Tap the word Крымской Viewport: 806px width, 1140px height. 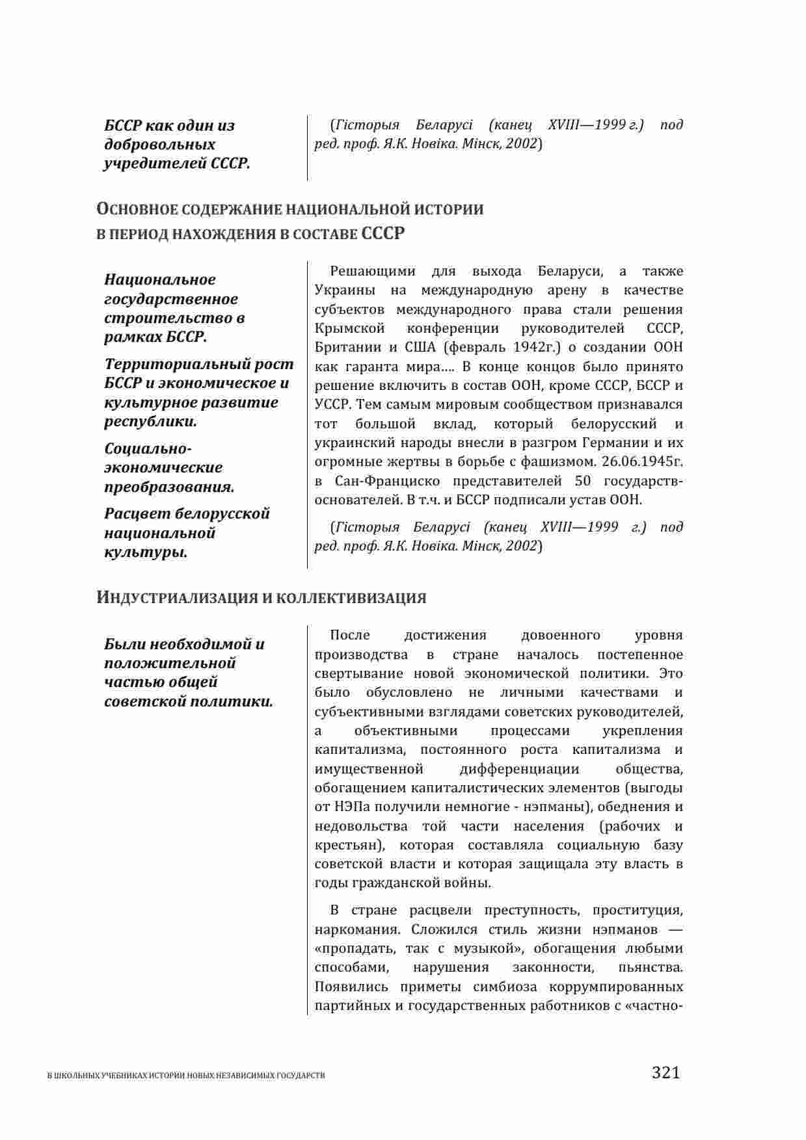point(349,328)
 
